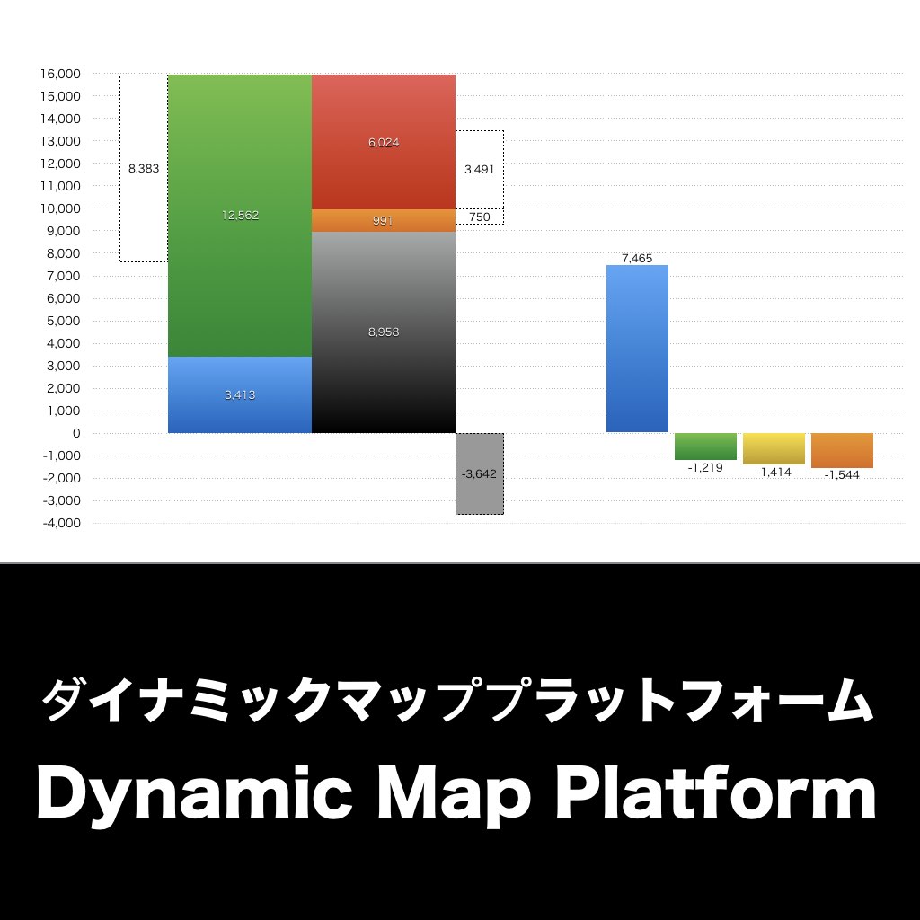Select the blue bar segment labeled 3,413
pos(240,395)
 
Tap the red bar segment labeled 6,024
pos(384,142)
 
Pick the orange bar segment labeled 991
pos(384,221)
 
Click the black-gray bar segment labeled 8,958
pos(384,332)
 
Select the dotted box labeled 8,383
pos(144,168)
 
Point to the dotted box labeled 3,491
pos(479,169)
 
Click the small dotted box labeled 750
pos(479,217)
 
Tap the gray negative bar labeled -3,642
pos(479,473)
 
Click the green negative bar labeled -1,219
pos(705,447)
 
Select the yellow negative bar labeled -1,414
pos(774,448)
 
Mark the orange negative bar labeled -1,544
pos(842,450)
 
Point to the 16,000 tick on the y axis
pos(60,74)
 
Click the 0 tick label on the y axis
pos(76,433)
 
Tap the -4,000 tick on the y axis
pos(61,523)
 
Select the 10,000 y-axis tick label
pos(60,208)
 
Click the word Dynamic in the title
pos(177,793)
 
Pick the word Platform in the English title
pos(715,793)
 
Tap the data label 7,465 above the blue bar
pos(637,258)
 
